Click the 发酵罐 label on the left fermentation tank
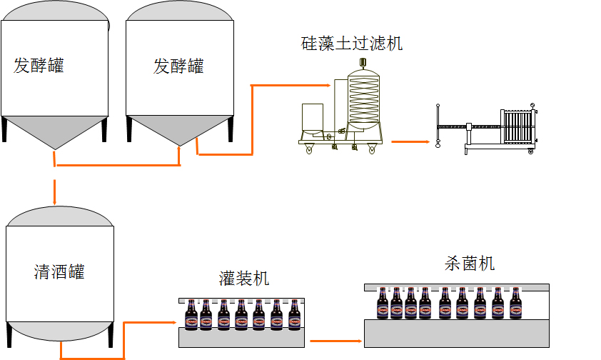point(39,66)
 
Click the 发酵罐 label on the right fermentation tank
point(178,66)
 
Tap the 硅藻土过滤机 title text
point(351,43)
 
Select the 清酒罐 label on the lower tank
point(59,272)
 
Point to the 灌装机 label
point(244,279)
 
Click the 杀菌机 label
point(469,264)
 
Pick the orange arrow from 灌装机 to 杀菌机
point(335,341)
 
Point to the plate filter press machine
point(500,129)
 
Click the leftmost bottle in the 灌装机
point(191,315)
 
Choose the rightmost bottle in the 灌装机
point(294,315)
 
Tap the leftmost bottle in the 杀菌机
point(383,303)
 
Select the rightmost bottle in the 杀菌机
point(515,303)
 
